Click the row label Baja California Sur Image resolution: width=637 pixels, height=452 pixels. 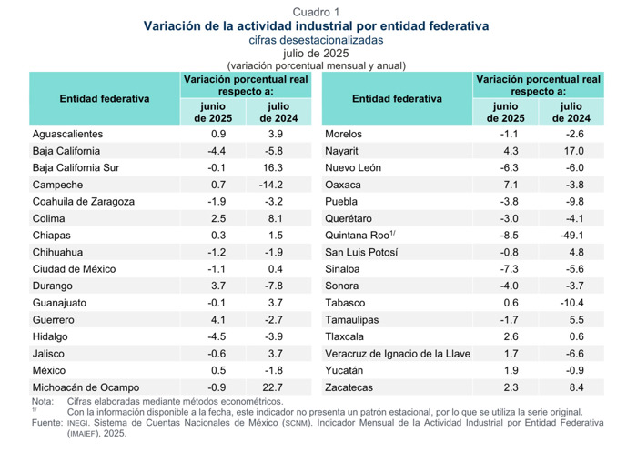click(x=76, y=168)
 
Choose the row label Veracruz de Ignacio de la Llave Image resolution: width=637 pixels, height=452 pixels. click(x=398, y=354)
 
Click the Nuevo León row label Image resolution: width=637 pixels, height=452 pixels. click(x=353, y=168)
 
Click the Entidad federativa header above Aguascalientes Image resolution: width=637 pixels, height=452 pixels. click(x=105, y=98)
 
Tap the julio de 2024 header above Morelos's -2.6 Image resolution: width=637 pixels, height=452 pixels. click(x=571, y=112)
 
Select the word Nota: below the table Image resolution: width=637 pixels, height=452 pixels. click(x=43, y=401)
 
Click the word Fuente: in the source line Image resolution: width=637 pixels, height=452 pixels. click(x=47, y=423)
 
